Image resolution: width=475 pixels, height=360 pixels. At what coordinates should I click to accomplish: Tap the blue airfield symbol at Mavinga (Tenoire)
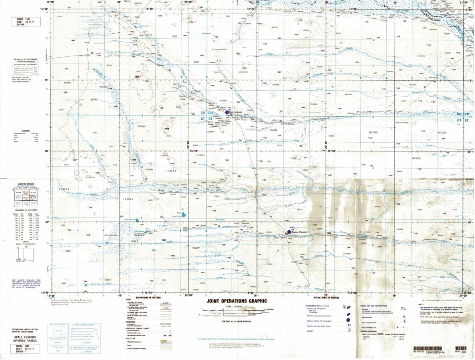click(289, 231)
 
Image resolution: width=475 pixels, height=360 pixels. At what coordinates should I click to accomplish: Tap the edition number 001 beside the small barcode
click(464, 352)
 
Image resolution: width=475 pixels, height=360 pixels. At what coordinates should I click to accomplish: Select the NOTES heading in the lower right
click(420, 304)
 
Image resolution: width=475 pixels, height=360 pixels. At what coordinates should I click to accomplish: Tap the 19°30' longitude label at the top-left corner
click(51, 2)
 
